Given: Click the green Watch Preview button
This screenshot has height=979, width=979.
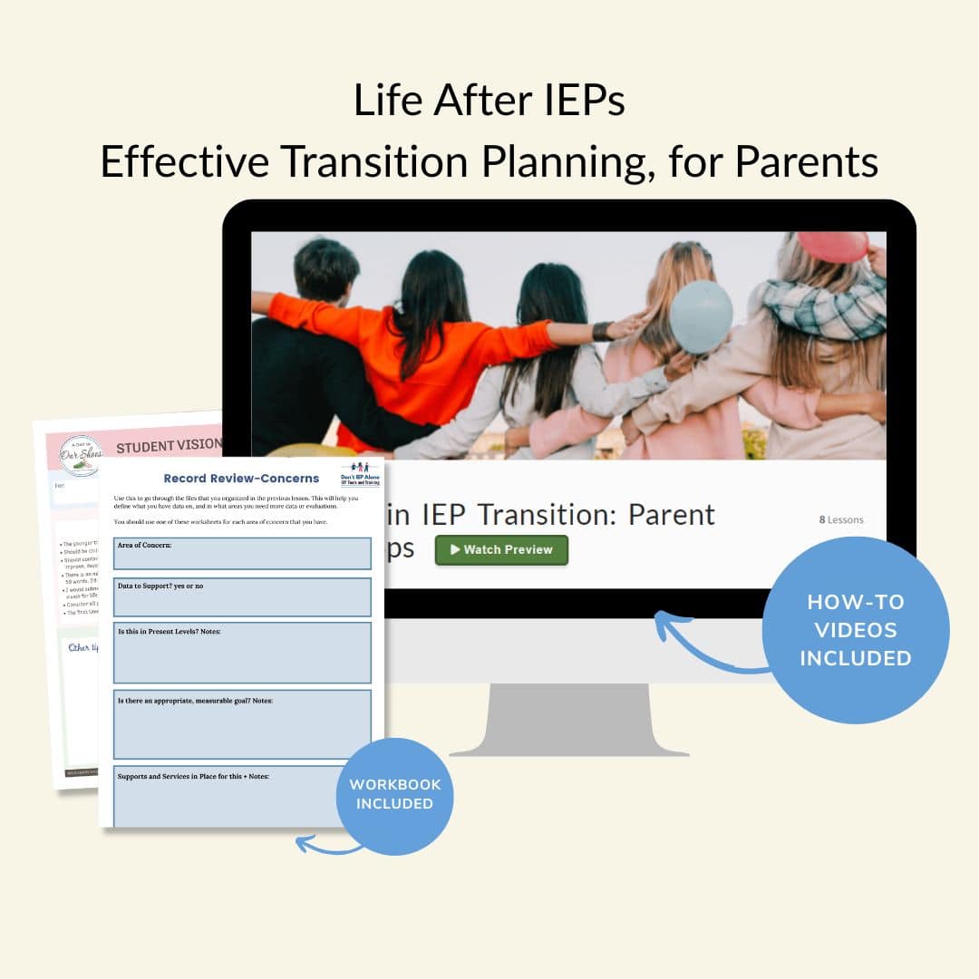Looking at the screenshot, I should pos(501,550).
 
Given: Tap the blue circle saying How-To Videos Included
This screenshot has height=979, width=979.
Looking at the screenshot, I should pos(855,630).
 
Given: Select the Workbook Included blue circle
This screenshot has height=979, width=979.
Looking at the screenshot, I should pos(394,795).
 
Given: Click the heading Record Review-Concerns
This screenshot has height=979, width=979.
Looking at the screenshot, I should pos(241,478).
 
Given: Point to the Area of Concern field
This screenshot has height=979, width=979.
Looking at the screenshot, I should pos(242,553).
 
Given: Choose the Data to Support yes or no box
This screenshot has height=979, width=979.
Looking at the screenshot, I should pos(242,596).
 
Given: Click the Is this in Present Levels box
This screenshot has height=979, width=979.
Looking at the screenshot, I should pos(242,652).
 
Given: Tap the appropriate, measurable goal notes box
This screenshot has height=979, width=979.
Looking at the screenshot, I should pos(242,723).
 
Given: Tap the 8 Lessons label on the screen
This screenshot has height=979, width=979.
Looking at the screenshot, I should pos(841,519).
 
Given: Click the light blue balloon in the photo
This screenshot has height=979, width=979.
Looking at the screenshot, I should pos(701,315).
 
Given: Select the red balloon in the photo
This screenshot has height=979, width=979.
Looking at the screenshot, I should pos(832,247).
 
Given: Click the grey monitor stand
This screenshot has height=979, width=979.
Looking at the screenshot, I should pos(569,721).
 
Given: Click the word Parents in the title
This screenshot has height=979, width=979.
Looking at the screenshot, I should pos(806,161).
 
